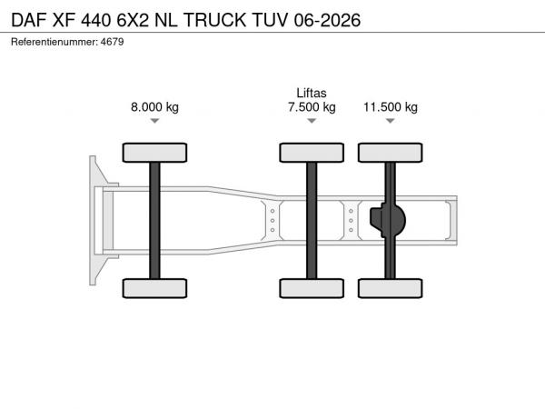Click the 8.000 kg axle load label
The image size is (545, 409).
pyautogui.click(x=154, y=106)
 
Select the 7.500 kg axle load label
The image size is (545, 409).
pyautogui.click(x=312, y=107)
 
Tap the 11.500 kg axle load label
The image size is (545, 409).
pyautogui.click(x=391, y=107)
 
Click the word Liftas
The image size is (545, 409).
pyautogui.click(x=312, y=93)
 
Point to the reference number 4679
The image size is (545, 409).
pyautogui.click(x=112, y=42)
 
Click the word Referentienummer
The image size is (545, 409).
pyautogui.click(x=54, y=42)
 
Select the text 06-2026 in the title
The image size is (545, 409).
pyautogui.click(x=327, y=20)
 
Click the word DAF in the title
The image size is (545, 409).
pyautogui.click(x=29, y=20)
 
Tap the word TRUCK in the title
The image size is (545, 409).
pyautogui.click(x=214, y=20)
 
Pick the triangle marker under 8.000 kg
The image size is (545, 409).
pyautogui.click(x=154, y=121)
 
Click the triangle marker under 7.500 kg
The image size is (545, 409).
pyautogui.click(x=312, y=121)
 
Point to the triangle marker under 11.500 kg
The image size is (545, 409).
pyautogui.click(x=391, y=121)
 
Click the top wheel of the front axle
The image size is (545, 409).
pyautogui.click(x=154, y=153)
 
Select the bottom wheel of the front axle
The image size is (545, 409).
pyautogui.click(x=154, y=288)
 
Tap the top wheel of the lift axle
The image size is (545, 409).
pyautogui.click(x=312, y=153)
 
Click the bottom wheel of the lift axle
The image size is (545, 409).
pyautogui.click(x=312, y=288)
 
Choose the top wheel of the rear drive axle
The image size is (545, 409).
pyautogui.click(x=391, y=153)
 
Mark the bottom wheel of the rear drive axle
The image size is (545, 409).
pyautogui.click(x=391, y=288)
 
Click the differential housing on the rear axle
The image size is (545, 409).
pyautogui.click(x=388, y=220)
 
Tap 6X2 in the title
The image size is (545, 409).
pyautogui.click(x=133, y=20)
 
